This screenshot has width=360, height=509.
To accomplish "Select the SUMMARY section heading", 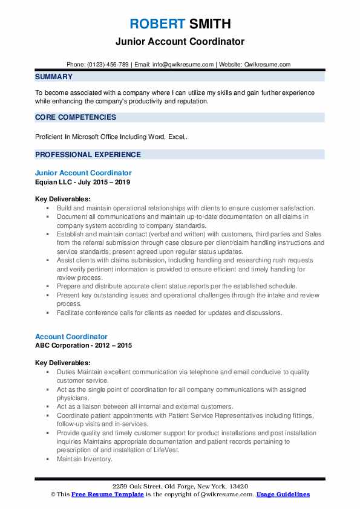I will [x=54, y=77].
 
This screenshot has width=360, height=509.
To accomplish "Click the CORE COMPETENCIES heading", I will [x=76, y=117].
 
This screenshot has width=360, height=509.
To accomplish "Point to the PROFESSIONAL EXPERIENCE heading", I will [x=88, y=154].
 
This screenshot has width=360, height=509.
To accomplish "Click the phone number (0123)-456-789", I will [x=108, y=64].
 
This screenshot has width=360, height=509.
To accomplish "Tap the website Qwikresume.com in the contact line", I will [x=268, y=64].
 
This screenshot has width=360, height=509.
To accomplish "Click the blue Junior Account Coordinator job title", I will [x=83, y=173].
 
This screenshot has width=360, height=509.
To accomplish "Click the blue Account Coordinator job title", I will [x=71, y=337].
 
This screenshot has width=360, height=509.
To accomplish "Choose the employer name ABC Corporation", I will [x=63, y=345].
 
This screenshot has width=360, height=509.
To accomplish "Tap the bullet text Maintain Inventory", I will [x=85, y=459].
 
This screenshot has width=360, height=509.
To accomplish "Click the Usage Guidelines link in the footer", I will [x=283, y=494].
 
